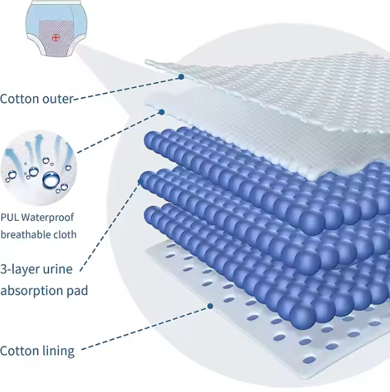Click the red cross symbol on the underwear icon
[x=56, y=38]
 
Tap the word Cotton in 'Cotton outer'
[x=19, y=99]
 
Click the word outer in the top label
[x=58, y=100]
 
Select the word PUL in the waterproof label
[x=10, y=218]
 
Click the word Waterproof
[x=47, y=218]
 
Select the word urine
[x=58, y=269]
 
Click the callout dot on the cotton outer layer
[x=181, y=77]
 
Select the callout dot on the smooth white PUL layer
[x=162, y=112]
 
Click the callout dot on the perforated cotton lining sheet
[x=211, y=306]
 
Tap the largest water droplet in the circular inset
[x=51, y=180]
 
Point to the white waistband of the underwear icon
[x=56, y=2]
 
